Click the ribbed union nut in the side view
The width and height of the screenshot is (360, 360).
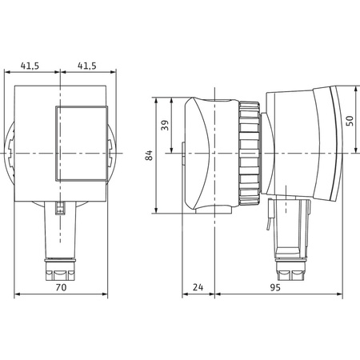pyautogui.click(x=247, y=152)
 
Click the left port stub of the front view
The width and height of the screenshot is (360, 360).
pyautogui.click(x=12, y=152)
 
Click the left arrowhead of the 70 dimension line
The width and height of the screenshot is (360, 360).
pyautogui.click(x=17, y=294)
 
